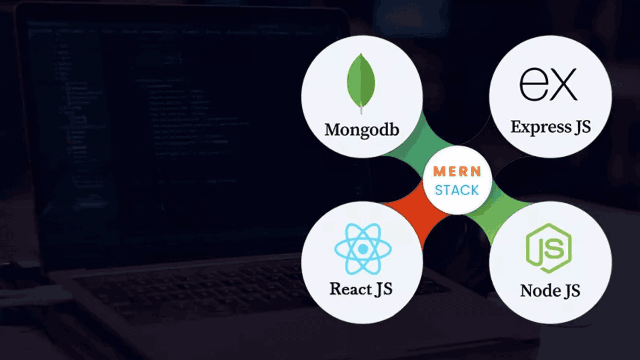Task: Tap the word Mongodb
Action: (x=362, y=130)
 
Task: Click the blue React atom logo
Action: (x=363, y=249)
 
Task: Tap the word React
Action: (x=350, y=289)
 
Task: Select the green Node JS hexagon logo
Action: (x=548, y=248)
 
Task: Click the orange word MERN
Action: (x=457, y=172)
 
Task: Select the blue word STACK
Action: (x=457, y=190)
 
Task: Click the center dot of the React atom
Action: (x=363, y=249)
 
